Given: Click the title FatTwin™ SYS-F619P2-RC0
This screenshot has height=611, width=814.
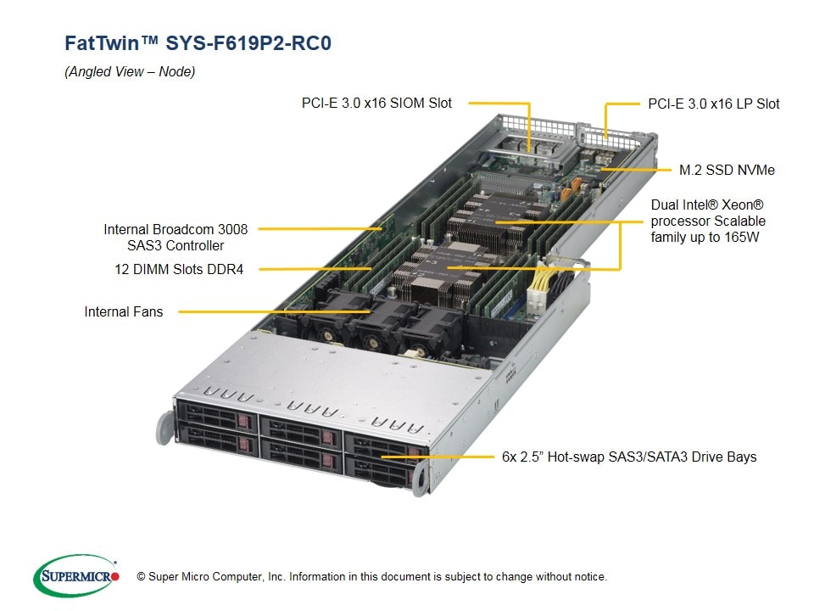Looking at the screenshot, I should [x=198, y=43].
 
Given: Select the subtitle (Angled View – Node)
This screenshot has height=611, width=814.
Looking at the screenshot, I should [x=130, y=72].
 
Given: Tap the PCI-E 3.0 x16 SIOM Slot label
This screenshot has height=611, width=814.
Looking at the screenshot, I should [x=376, y=103].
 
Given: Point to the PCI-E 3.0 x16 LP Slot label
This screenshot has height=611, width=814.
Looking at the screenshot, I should [x=713, y=104].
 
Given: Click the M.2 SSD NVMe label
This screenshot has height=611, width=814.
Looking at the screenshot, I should [x=727, y=170].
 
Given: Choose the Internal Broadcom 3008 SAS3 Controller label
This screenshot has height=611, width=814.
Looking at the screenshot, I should [x=164, y=237].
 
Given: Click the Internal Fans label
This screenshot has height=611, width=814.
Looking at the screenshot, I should [x=123, y=311].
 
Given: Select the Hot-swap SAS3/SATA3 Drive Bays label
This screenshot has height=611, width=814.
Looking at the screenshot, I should [x=628, y=457].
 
